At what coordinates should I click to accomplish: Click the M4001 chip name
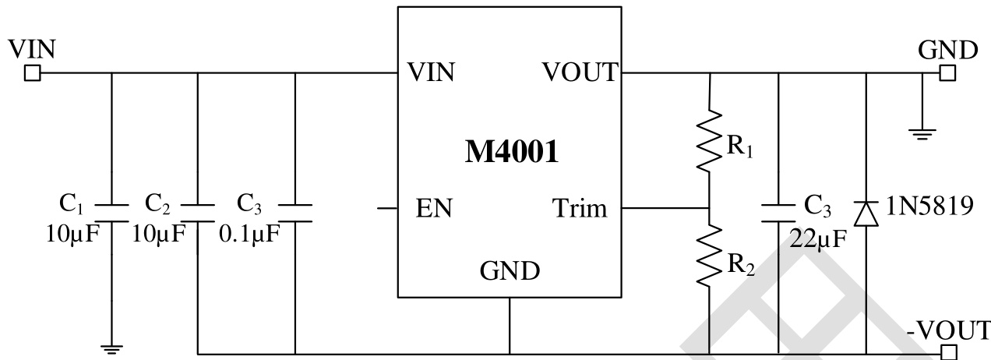(x=511, y=152)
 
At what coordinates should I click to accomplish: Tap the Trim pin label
(x=579, y=209)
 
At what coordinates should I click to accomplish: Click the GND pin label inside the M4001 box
(x=510, y=271)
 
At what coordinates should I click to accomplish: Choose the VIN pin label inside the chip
(x=431, y=73)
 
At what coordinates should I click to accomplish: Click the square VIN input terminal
(x=32, y=74)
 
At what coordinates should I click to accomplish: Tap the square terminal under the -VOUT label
(x=947, y=352)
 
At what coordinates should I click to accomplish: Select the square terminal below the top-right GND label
(x=947, y=74)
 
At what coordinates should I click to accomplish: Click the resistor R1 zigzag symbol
(x=710, y=140)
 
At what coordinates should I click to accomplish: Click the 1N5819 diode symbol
(x=866, y=212)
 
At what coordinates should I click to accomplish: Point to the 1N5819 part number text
(x=929, y=208)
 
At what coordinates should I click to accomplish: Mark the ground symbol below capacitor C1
(x=112, y=348)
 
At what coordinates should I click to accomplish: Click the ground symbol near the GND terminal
(x=922, y=132)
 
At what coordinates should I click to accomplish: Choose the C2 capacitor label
(x=158, y=206)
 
